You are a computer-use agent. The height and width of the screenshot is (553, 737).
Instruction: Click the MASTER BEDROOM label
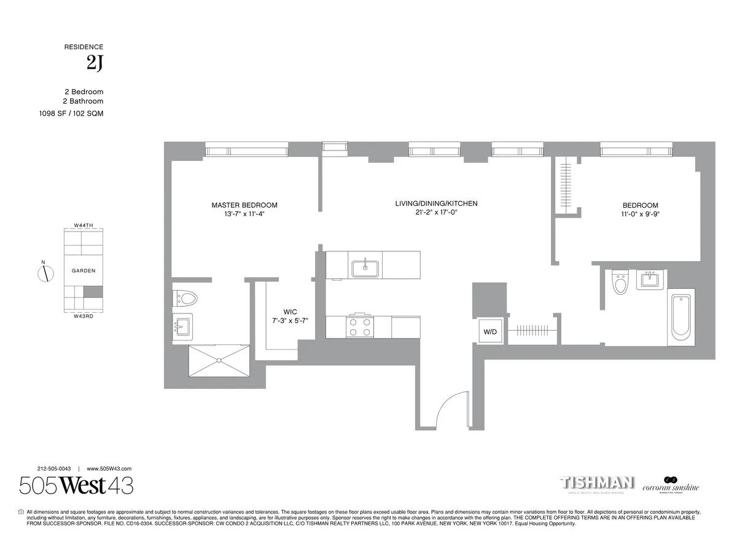tap(244, 205)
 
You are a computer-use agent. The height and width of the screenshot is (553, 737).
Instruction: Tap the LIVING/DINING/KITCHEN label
tap(436, 203)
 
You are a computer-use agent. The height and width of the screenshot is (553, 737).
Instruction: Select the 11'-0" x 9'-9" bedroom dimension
tap(641, 214)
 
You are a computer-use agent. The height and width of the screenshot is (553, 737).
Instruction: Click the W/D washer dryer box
tap(490, 331)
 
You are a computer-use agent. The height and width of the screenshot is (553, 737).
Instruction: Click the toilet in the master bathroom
tap(186, 299)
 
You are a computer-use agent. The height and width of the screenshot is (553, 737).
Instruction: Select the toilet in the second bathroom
tap(619, 283)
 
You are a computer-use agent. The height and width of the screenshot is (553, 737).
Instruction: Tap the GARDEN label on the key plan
tap(84, 270)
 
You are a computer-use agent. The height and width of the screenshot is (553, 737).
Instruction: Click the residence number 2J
tap(95, 64)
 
